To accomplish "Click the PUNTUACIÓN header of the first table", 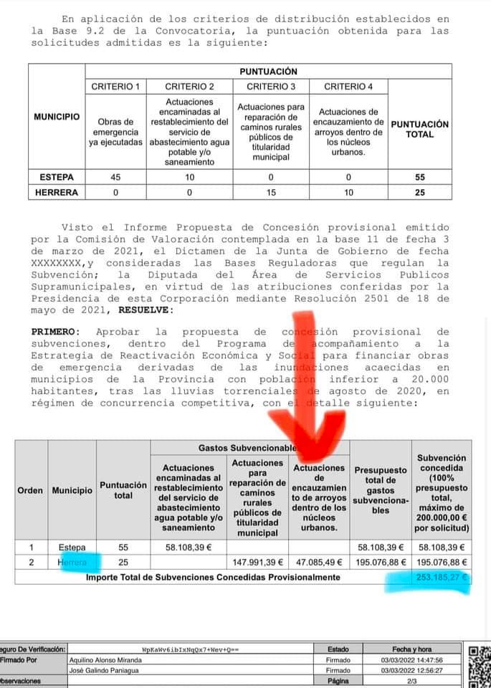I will tap(268, 72).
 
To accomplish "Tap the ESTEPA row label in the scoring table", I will tap(57, 176).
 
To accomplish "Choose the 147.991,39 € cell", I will tap(257, 563).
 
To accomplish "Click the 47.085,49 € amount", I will tap(320, 563).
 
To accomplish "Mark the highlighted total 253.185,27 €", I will tap(441, 576).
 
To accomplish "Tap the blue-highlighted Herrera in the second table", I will tap(72, 563).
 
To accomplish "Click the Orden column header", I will tap(31, 491).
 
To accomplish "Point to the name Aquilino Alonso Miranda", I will tap(105, 660).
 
